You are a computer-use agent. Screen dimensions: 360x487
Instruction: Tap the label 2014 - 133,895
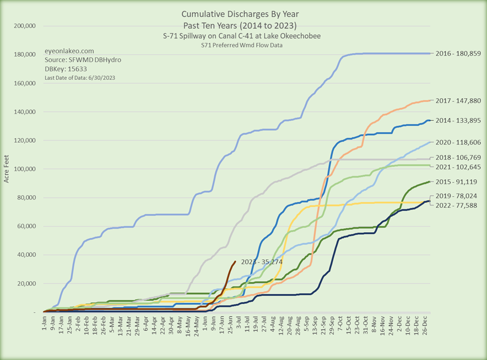coord(457,121)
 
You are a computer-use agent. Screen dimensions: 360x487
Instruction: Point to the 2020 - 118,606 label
coord(457,142)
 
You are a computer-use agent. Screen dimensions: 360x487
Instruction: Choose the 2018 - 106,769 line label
coord(457,158)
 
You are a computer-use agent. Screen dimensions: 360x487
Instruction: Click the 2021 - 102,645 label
coord(457,168)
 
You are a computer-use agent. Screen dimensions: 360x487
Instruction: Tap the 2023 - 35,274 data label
coord(262,262)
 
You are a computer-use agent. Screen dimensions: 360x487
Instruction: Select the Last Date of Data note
coord(80,78)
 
